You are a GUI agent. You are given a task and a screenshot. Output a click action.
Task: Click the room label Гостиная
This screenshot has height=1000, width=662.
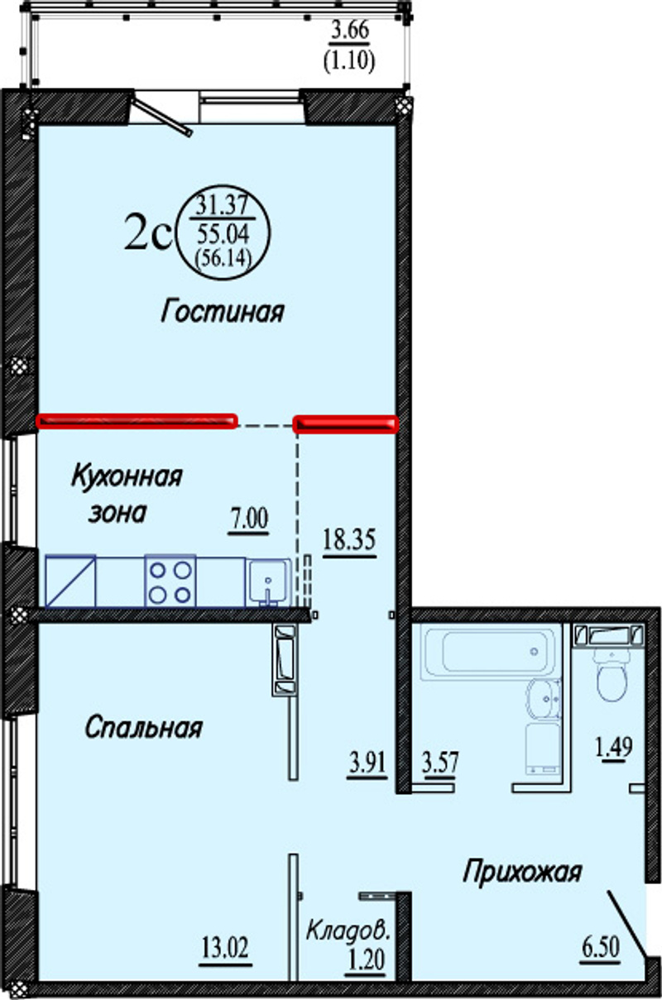tap(222, 311)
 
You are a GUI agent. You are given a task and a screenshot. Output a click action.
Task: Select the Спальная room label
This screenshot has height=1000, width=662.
tap(144, 728)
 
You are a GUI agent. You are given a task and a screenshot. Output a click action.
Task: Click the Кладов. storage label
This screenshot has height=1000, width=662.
tap(348, 930)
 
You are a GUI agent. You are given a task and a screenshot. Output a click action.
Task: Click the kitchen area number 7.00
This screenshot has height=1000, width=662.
tap(249, 519)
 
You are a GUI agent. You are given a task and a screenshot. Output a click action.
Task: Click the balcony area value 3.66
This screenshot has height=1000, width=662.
tap(350, 31)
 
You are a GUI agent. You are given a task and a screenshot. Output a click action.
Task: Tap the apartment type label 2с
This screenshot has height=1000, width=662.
tap(148, 232)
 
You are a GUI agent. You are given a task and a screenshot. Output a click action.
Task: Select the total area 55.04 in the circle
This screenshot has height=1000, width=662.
tap(223, 232)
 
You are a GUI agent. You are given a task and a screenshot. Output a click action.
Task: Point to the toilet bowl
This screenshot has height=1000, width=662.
tap(612, 677)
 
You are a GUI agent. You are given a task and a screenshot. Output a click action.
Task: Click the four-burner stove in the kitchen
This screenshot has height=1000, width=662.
tap(170, 581)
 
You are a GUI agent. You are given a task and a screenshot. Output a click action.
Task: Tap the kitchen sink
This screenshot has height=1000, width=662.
tap(268, 582)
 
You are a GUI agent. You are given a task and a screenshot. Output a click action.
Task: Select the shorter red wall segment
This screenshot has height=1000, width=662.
tap(345, 423)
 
